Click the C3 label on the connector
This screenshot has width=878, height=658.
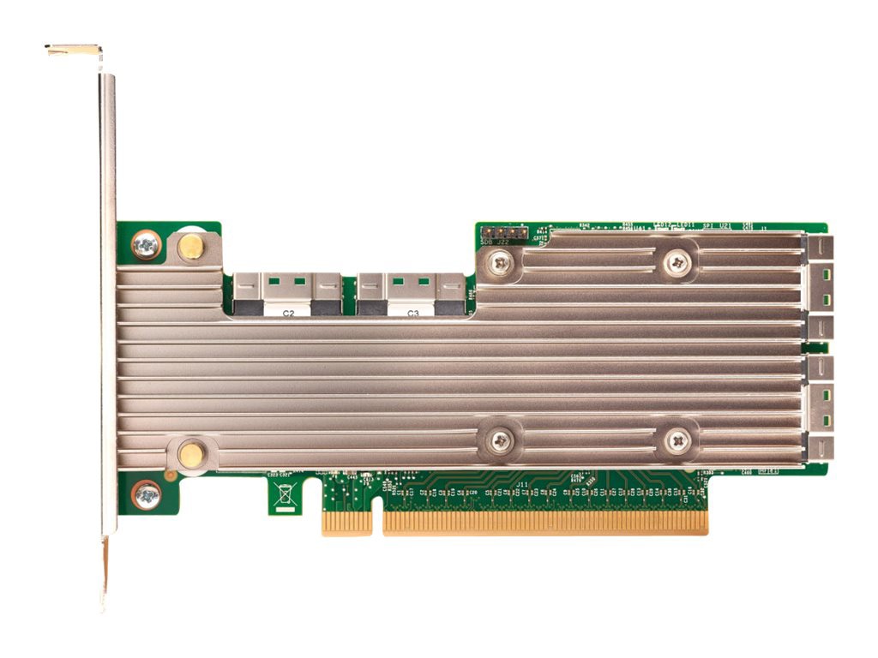(x=412, y=314)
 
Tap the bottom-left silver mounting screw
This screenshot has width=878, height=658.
(x=147, y=494)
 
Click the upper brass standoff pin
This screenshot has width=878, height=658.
(x=190, y=248)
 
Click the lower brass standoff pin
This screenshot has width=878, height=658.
(x=190, y=454)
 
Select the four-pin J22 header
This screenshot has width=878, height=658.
(x=502, y=232)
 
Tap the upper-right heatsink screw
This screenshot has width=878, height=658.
(x=677, y=262)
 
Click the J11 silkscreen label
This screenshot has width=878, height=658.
(x=522, y=484)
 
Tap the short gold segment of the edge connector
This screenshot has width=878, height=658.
(x=346, y=523)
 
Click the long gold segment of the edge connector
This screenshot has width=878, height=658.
(x=545, y=523)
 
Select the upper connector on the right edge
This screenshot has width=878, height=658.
(x=820, y=287)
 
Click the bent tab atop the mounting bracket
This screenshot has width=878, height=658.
(x=74, y=51)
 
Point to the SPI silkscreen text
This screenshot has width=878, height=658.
(x=707, y=225)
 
